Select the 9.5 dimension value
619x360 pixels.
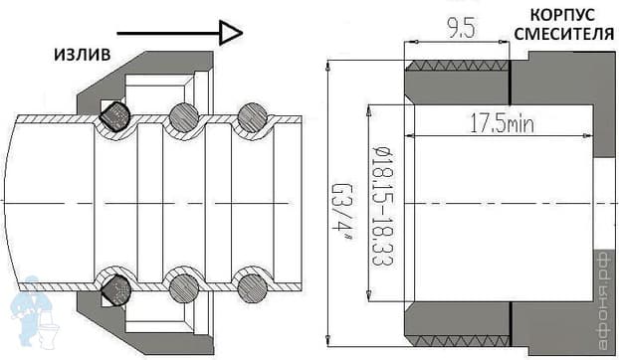(460, 29)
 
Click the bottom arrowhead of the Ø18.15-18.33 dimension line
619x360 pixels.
(369, 296)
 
